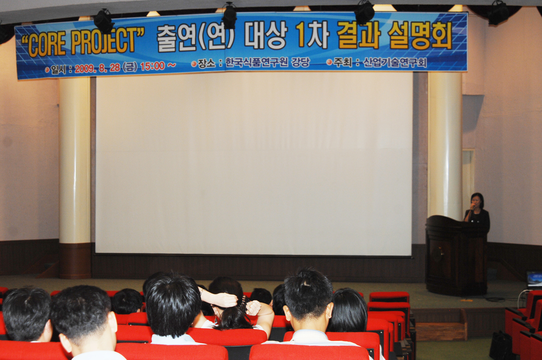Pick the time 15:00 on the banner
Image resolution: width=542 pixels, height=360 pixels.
(153, 66)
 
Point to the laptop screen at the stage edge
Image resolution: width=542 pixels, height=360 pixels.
(534, 279)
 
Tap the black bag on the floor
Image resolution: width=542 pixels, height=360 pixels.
(501, 345)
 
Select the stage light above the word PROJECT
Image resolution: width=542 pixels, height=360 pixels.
(103, 21)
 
